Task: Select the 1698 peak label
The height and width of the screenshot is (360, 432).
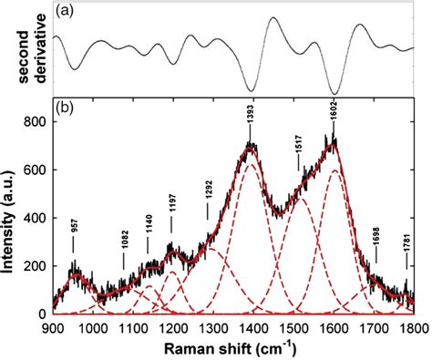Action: click(375, 234)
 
